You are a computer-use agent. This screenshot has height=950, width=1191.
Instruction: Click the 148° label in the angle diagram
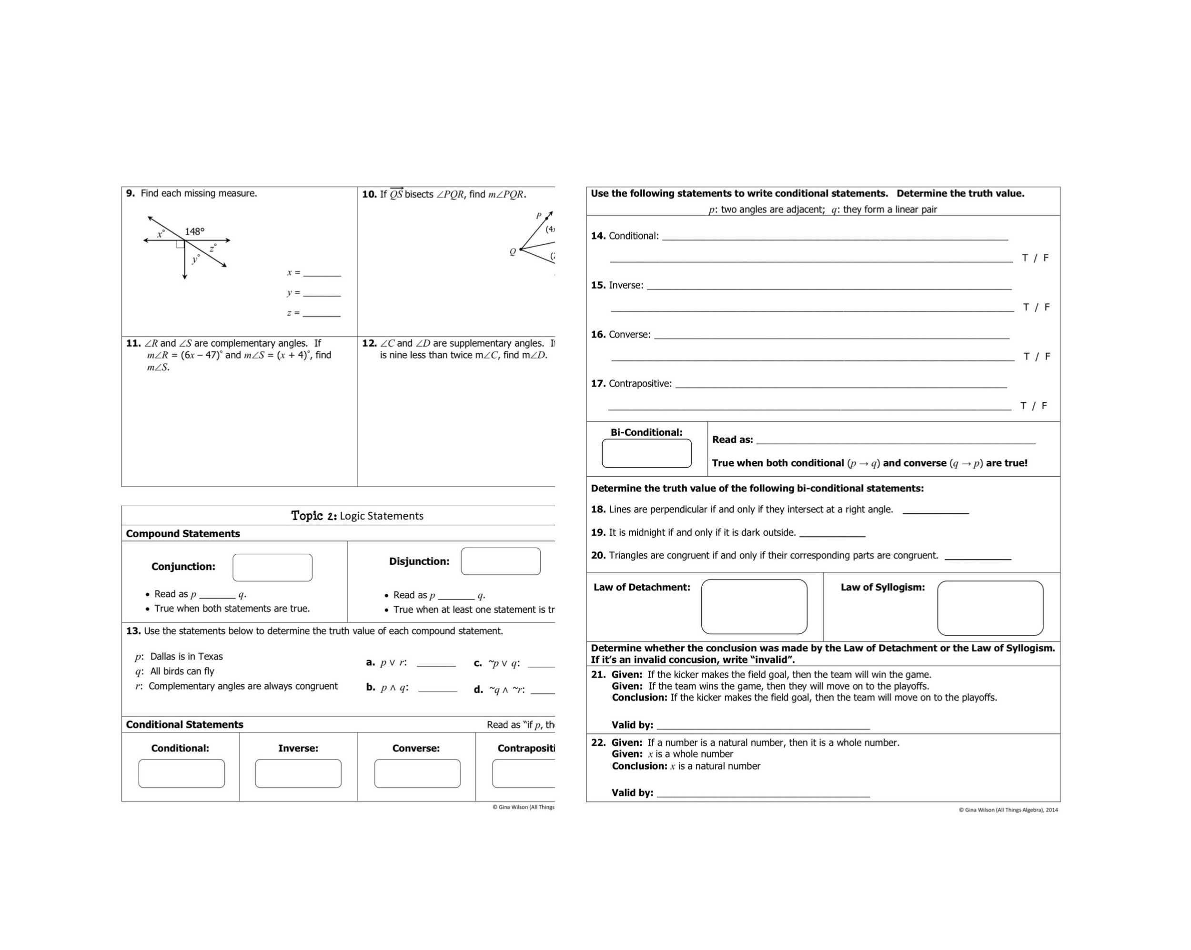click(x=194, y=231)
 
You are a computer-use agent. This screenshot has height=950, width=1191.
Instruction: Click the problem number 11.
click(x=133, y=343)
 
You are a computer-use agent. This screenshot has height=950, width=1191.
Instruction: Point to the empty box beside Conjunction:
click(x=273, y=567)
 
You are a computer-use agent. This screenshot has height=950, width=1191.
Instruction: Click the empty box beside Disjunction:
click(x=501, y=561)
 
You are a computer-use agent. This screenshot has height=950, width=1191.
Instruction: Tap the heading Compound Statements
click(x=183, y=533)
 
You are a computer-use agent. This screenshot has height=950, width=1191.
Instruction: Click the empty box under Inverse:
click(x=298, y=773)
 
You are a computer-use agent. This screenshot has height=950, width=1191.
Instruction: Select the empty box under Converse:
click(x=417, y=773)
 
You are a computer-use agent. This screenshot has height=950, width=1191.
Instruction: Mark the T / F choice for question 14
click(x=1035, y=258)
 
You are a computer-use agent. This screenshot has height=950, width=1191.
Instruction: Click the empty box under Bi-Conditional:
click(x=646, y=453)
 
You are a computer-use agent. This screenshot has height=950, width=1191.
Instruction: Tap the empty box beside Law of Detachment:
click(x=754, y=607)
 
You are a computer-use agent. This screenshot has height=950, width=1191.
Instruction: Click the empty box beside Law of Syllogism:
click(x=990, y=608)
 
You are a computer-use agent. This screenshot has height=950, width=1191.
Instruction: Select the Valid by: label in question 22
click(x=632, y=792)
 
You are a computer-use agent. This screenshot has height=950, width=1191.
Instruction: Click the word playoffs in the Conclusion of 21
click(x=979, y=698)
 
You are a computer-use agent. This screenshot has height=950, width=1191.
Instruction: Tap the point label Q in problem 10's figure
click(x=513, y=252)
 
